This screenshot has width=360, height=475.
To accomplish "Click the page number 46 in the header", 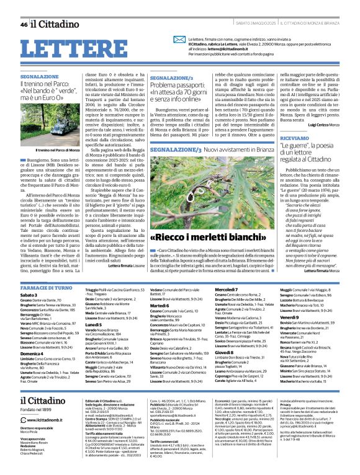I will point(24,25).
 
